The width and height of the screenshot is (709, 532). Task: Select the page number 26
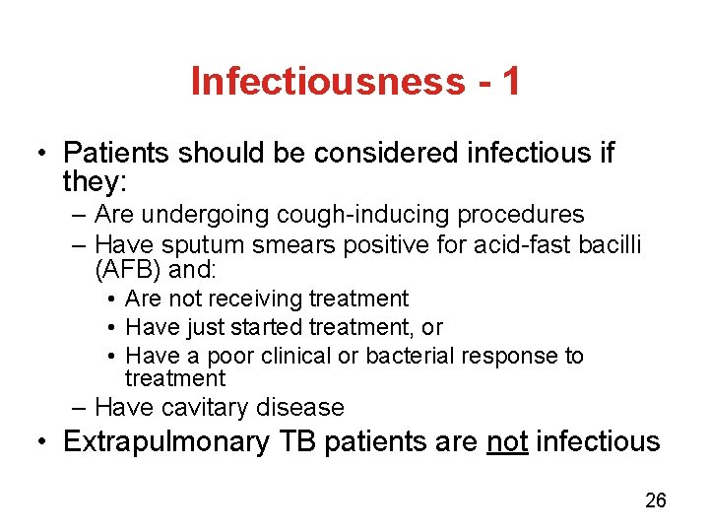(x=655, y=500)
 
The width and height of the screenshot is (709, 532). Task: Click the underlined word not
(x=508, y=441)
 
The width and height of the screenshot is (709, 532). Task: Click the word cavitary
(x=208, y=407)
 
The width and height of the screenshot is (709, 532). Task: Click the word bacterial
(x=408, y=356)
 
